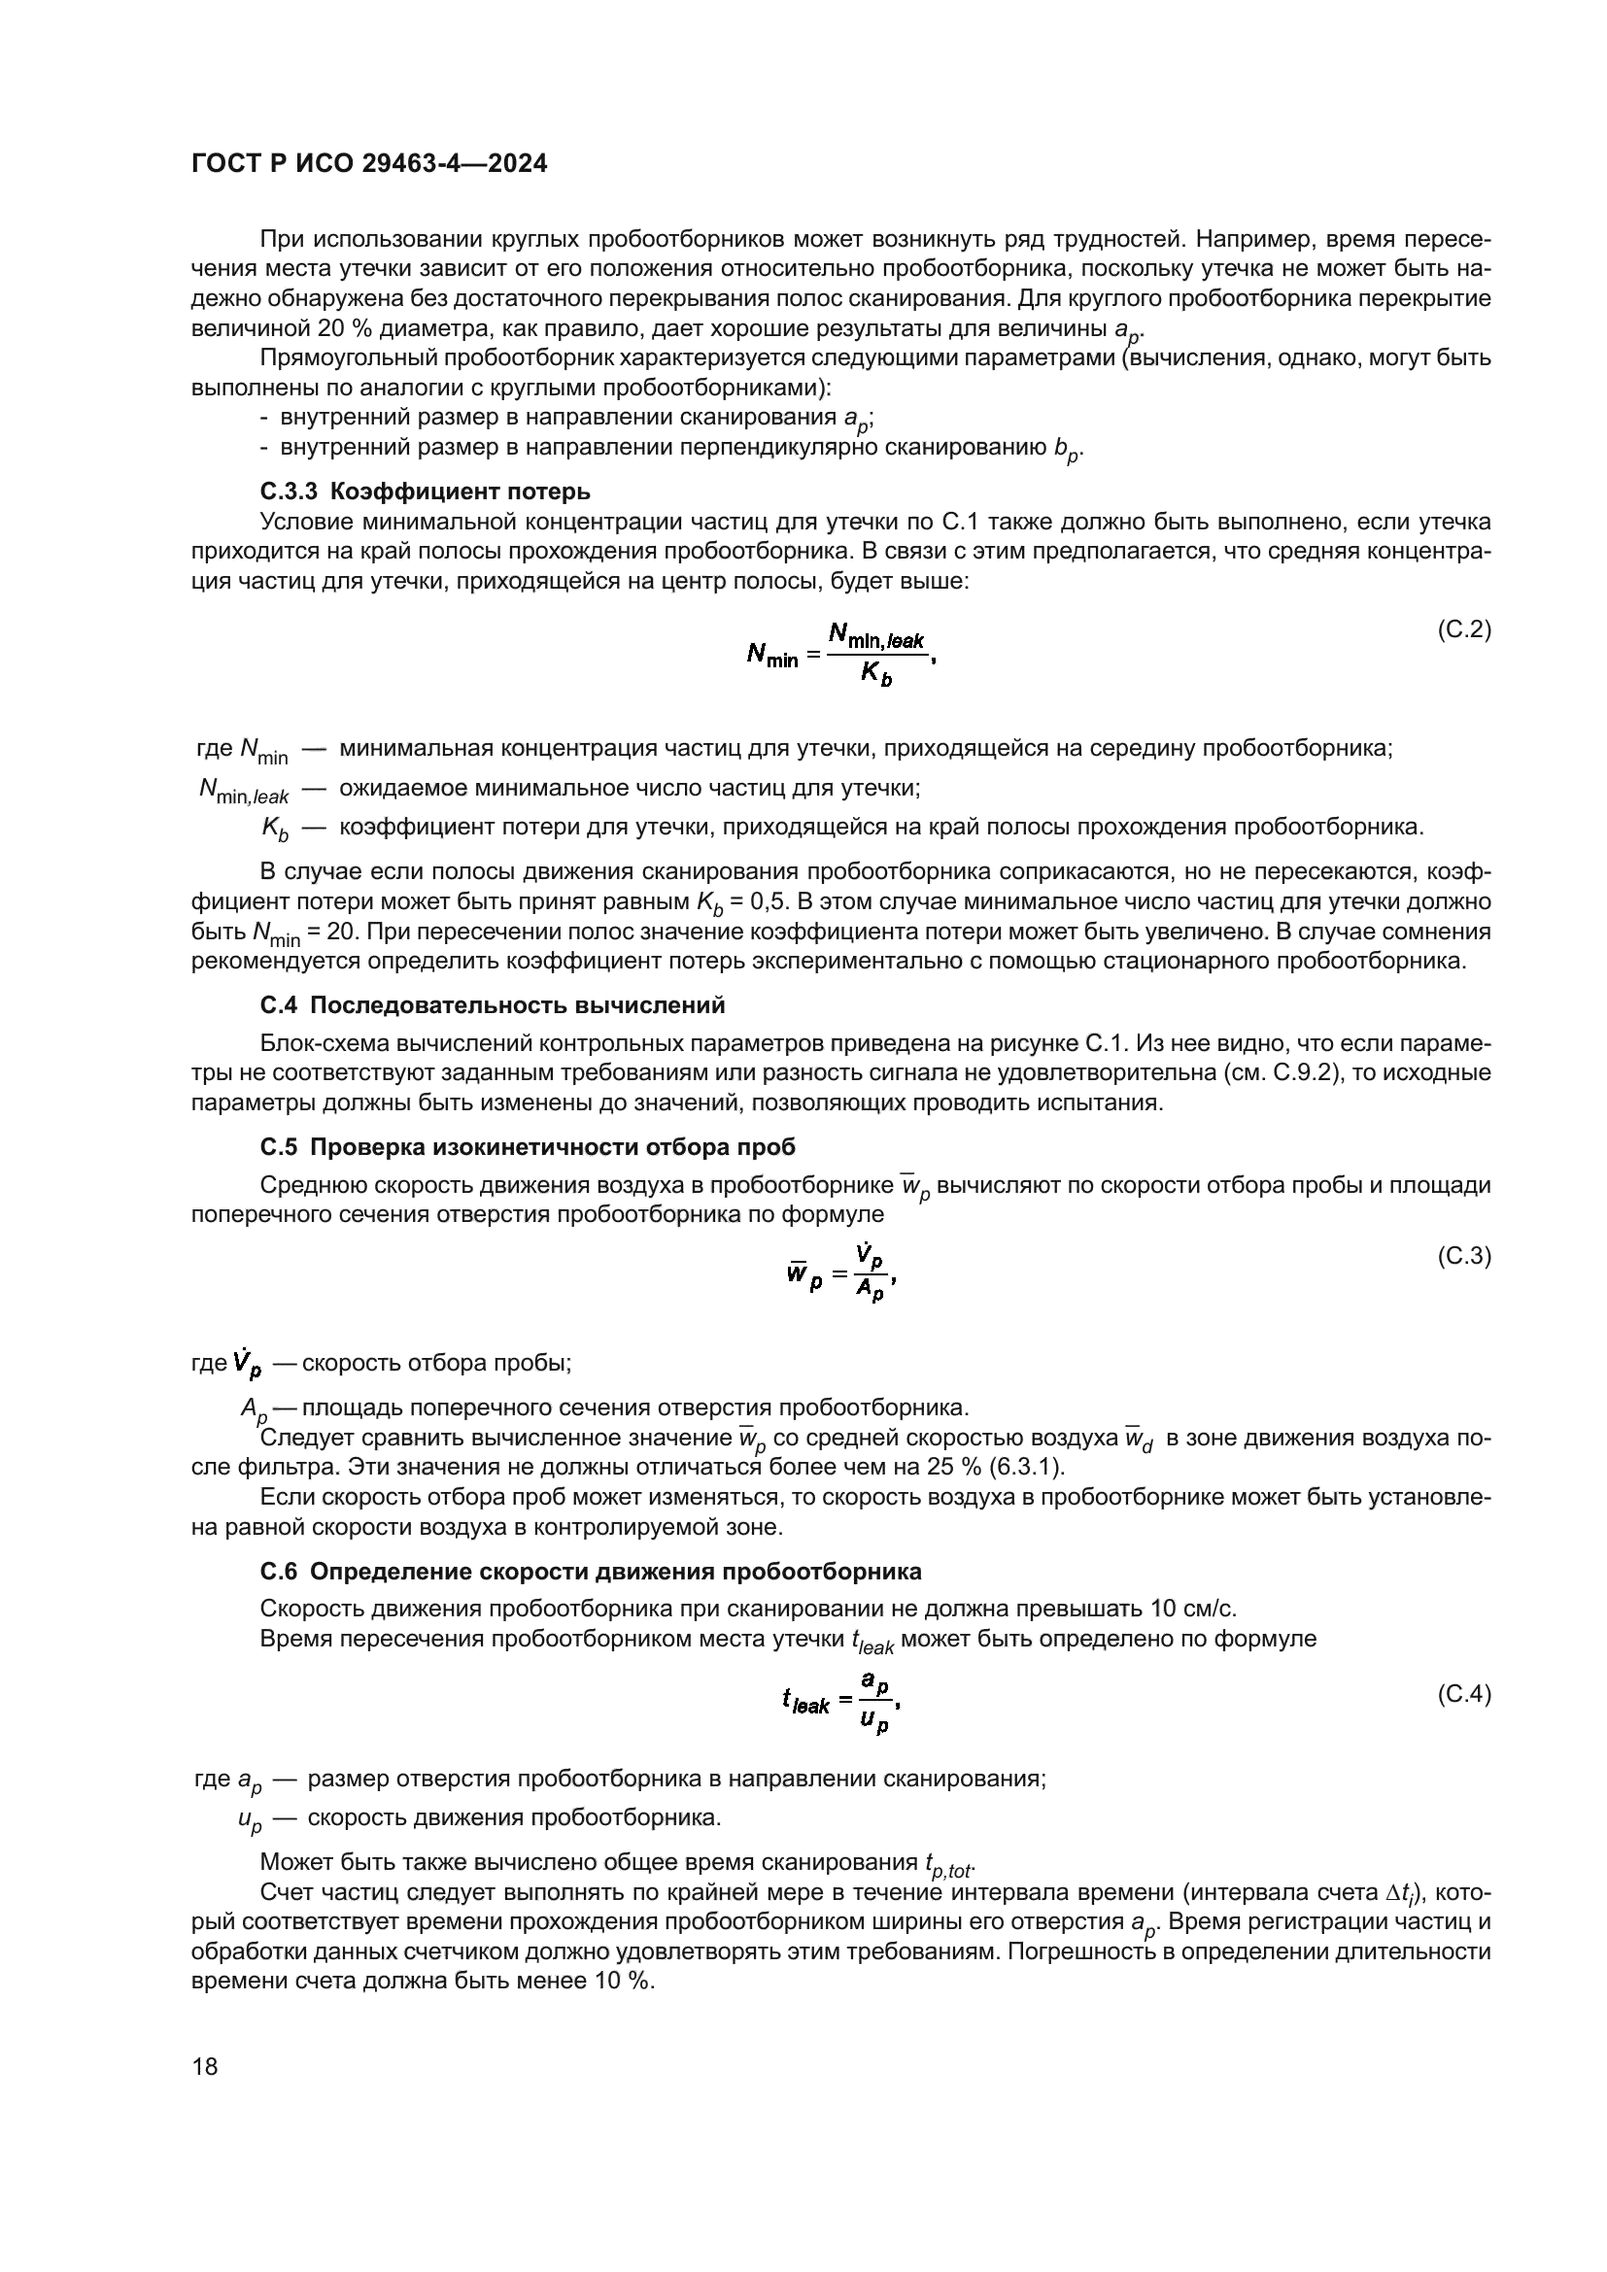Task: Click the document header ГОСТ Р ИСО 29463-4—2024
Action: (368, 164)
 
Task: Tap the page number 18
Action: (205, 2067)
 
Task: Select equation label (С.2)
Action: (1462, 629)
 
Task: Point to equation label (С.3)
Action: (1462, 1256)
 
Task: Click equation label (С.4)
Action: (1462, 1695)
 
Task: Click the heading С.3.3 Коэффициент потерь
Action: (425, 492)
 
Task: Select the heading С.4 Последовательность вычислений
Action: (492, 1005)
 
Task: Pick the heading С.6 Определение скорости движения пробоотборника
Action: (590, 1572)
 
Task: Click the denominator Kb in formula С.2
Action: (874, 675)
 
